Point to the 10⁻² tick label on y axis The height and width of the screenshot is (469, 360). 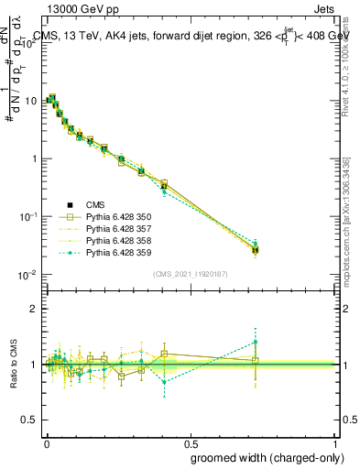point(27,275)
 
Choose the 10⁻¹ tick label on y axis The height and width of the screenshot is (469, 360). point(27,216)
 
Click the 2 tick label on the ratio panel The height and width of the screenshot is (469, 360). point(34,310)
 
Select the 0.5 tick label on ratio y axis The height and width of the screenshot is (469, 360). point(29,420)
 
